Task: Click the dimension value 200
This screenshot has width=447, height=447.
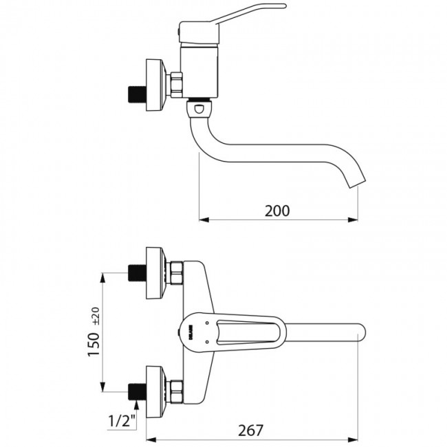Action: pos(277,210)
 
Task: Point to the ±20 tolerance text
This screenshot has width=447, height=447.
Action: pos(96,315)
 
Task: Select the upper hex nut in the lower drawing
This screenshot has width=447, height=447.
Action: pos(176,274)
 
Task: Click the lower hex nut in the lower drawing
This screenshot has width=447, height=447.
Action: pos(176,391)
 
